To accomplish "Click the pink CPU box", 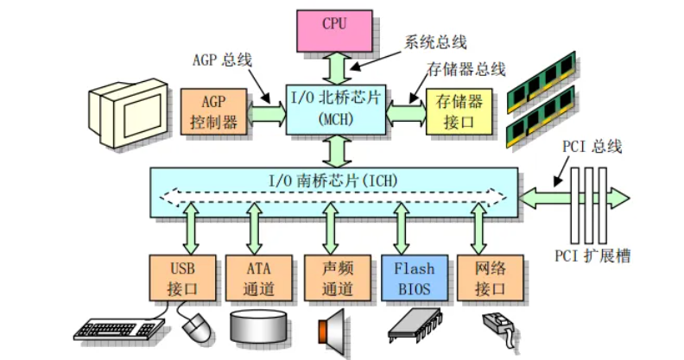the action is click(x=334, y=31).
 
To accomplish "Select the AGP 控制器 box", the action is click(x=214, y=112).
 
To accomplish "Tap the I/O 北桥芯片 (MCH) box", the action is click(x=336, y=110).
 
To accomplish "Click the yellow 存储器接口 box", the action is click(x=459, y=111).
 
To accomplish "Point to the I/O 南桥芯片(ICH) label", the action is click(x=333, y=180).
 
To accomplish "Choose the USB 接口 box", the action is click(x=182, y=278).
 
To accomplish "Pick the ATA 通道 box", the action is click(x=259, y=278).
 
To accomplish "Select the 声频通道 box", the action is click(x=338, y=278).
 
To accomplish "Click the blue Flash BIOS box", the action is click(x=415, y=278).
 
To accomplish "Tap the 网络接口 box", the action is click(x=491, y=278).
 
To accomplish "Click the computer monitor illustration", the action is click(x=128, y=112).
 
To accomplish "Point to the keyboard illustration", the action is click(x=118, y=329).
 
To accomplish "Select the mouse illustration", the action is click(x=197, y=328).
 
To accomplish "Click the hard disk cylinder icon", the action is click(x=260, y=326).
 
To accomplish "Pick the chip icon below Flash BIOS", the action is click(x=415, y=325).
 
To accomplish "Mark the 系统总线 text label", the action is click(x=436, y=42).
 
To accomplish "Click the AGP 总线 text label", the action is click(x=223, y=60).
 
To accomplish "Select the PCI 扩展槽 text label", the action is click(x=592, y=256).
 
